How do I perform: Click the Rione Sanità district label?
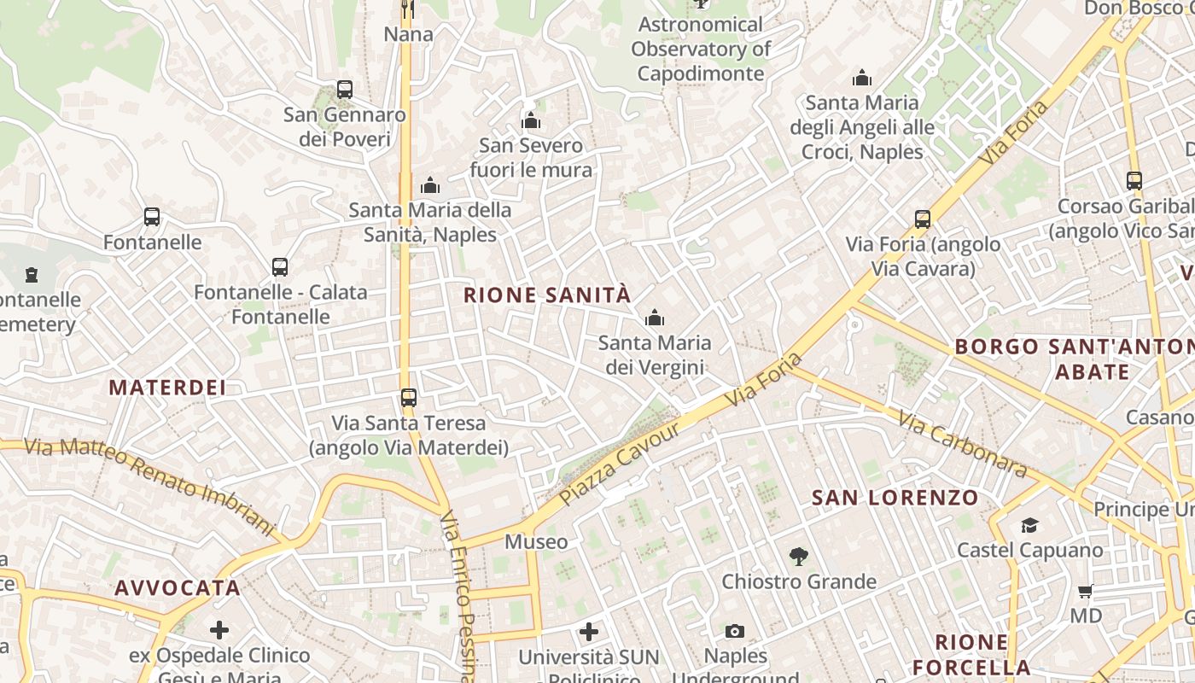click(x=547, y=295)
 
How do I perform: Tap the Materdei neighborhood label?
click(x=167, y=388)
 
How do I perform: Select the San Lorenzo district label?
click(x=895, y=498)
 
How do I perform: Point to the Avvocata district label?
click(x=178, y=588)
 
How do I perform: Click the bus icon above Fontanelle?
click(x=152, y=217)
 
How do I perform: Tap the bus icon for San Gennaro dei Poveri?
click(x=345, y=89)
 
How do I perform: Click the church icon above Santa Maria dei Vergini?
click(x=655, y=318)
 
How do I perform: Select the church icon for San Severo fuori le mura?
click(x=531, y=120)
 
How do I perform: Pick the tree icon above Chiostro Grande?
click(x=799, y=557)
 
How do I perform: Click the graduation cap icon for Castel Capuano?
click(x=1030, y=525)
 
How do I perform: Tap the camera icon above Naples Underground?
click(x=735, y=631)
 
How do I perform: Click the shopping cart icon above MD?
click(x=1086, y=591)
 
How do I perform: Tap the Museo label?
click(x=536, y=542)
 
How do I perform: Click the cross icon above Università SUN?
click(x=589, y=632)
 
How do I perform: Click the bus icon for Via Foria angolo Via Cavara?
click(x=923, y=219)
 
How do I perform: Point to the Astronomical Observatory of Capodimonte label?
click(x=701, y=50)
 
